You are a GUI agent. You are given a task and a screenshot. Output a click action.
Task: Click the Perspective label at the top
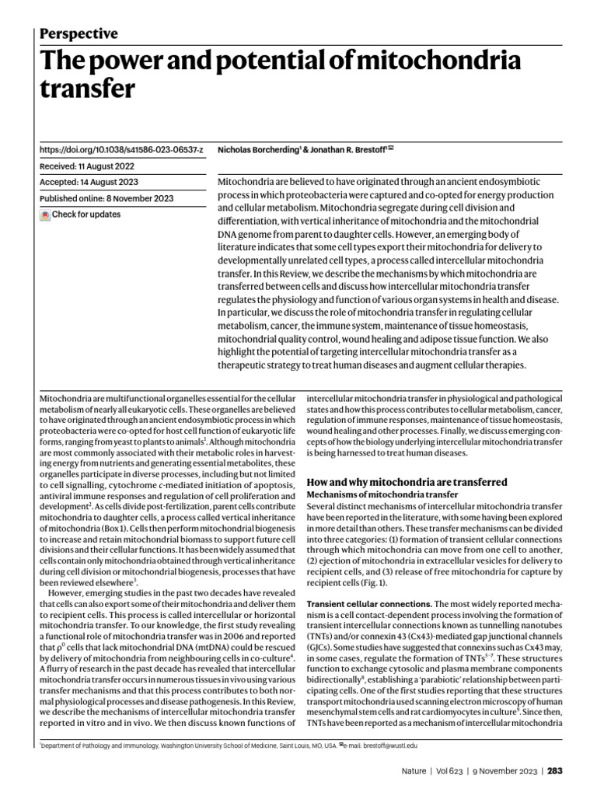pos(78,33)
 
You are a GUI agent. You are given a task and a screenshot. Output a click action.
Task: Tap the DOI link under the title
pos(120,148)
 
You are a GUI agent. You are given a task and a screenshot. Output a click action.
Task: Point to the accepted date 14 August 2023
pos(110,182)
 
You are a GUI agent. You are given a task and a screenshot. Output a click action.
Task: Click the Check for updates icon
pos(45,215)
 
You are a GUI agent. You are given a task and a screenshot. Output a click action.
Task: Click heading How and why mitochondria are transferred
pos(407,482)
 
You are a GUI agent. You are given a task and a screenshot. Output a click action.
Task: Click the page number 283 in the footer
pos(554,771)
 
